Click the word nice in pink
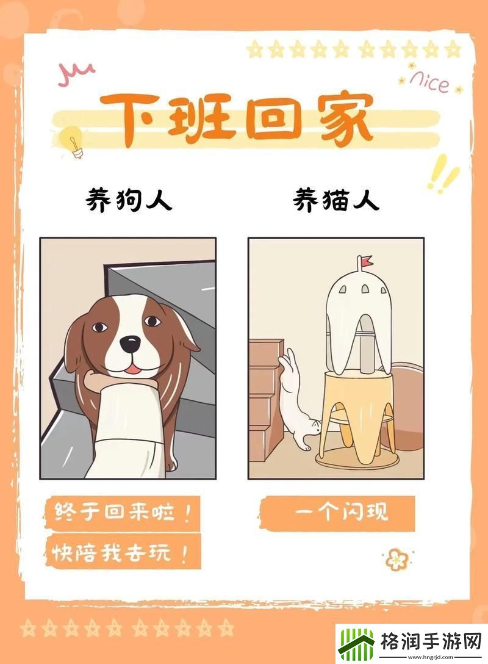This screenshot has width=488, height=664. coord(429,82)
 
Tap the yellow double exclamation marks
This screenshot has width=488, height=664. coord(443,173)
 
